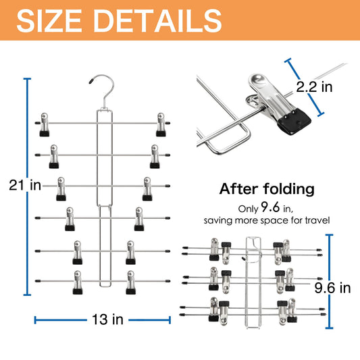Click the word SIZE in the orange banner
point(49,21)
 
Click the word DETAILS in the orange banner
point(157,21)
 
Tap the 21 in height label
point(25,185)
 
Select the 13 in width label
point(107,319)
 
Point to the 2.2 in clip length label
point(314,86)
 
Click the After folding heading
point(267,188)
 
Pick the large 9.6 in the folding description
point(270,207)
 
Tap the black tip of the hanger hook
point(91,81)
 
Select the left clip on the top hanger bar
point(45,125)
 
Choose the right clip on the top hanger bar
point(161,125)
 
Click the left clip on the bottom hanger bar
point(78,282)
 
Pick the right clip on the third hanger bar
point(147,188)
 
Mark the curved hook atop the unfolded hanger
point(105,87)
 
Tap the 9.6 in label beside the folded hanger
point(332,288)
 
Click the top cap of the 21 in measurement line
point(27,79)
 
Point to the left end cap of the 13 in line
point(35,320)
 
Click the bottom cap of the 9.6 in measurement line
point(329,328)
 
